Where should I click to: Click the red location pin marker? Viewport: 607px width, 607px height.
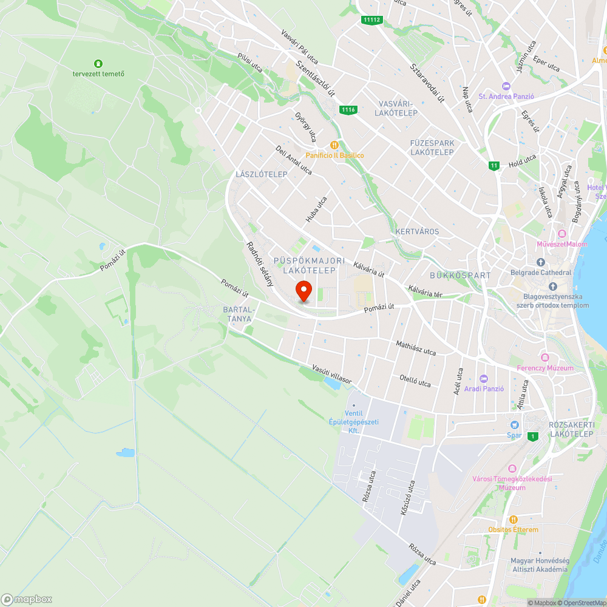click(303, 291)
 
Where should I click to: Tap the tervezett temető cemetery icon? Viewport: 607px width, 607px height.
click(98, 64)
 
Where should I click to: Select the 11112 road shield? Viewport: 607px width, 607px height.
click(371, 20)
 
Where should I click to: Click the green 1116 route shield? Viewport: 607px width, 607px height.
click(348, 110)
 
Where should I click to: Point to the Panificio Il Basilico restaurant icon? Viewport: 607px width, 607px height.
click(334, 145)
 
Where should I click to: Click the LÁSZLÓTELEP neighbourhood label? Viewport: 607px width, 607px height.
click(261, 174)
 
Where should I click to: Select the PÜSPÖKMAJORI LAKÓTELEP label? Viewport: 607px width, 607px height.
click(310, 265)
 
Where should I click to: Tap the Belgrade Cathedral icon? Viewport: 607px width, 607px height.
click(540, 262)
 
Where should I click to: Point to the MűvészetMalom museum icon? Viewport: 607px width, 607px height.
click(562, 234)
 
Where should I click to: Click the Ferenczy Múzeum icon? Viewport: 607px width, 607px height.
click(544, 358)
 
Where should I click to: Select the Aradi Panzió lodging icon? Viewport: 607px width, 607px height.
click(483, 378)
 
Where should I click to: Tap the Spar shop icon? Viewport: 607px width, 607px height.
click(515, 425)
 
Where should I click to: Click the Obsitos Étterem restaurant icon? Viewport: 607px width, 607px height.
click(514, 520)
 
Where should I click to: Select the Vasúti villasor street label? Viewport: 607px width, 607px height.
click(332, 373)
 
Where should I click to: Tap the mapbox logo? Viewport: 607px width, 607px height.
click(27, 599)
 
